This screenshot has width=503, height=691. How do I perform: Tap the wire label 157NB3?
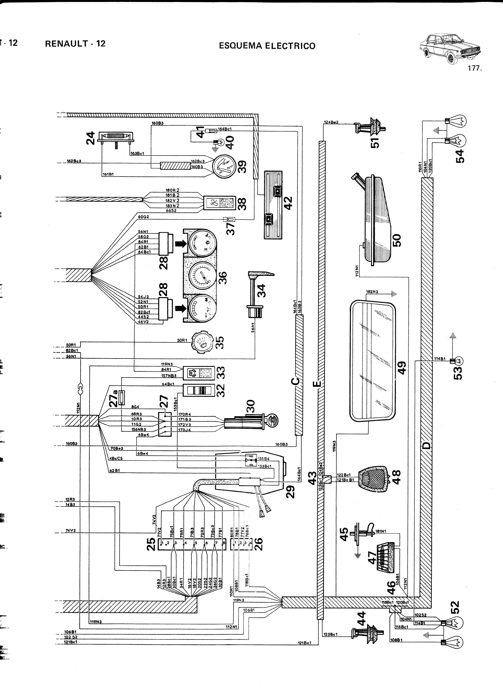click(169, 376)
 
